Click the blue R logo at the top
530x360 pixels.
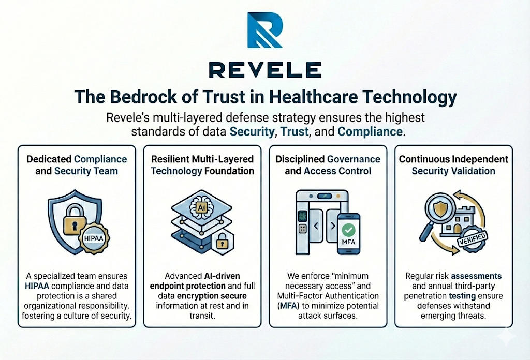click(264, 31)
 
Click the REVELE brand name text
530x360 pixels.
click(265, 70)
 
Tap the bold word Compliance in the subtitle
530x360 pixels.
click(370, 131)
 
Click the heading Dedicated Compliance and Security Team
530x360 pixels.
click(77, 165)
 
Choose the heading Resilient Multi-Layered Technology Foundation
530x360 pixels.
click(202, 165)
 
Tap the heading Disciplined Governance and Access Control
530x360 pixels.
click(328, 165)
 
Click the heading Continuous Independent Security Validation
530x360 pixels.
click(453, 165)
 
